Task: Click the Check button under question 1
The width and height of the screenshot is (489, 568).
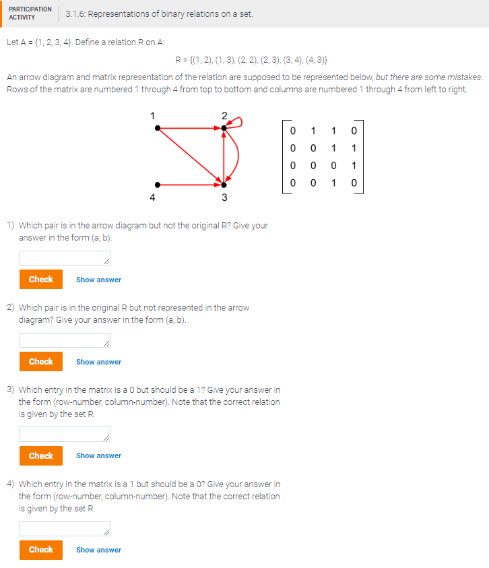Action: (40, 279)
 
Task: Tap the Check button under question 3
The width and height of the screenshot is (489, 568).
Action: (40, 455)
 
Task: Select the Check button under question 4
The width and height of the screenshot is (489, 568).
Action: (40, 549)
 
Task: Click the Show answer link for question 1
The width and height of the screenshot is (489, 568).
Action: (98, 280)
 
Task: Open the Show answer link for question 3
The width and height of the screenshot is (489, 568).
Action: (98, 456)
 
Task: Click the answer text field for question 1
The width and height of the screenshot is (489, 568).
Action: (65, 258)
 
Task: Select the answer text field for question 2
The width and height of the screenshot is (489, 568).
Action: (65, 341)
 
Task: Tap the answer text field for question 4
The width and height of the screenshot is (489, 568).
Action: (65, 529)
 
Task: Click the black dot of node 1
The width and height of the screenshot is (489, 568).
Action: (157, 127)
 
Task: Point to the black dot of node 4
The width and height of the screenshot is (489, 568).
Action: (157, 183)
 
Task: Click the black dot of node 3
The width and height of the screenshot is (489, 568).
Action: (224, 184)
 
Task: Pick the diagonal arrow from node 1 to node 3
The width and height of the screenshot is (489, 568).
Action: (191, 156)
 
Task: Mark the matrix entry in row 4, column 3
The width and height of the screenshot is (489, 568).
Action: (331, 183)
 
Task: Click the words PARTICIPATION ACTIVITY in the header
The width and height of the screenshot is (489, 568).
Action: (30, 13)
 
